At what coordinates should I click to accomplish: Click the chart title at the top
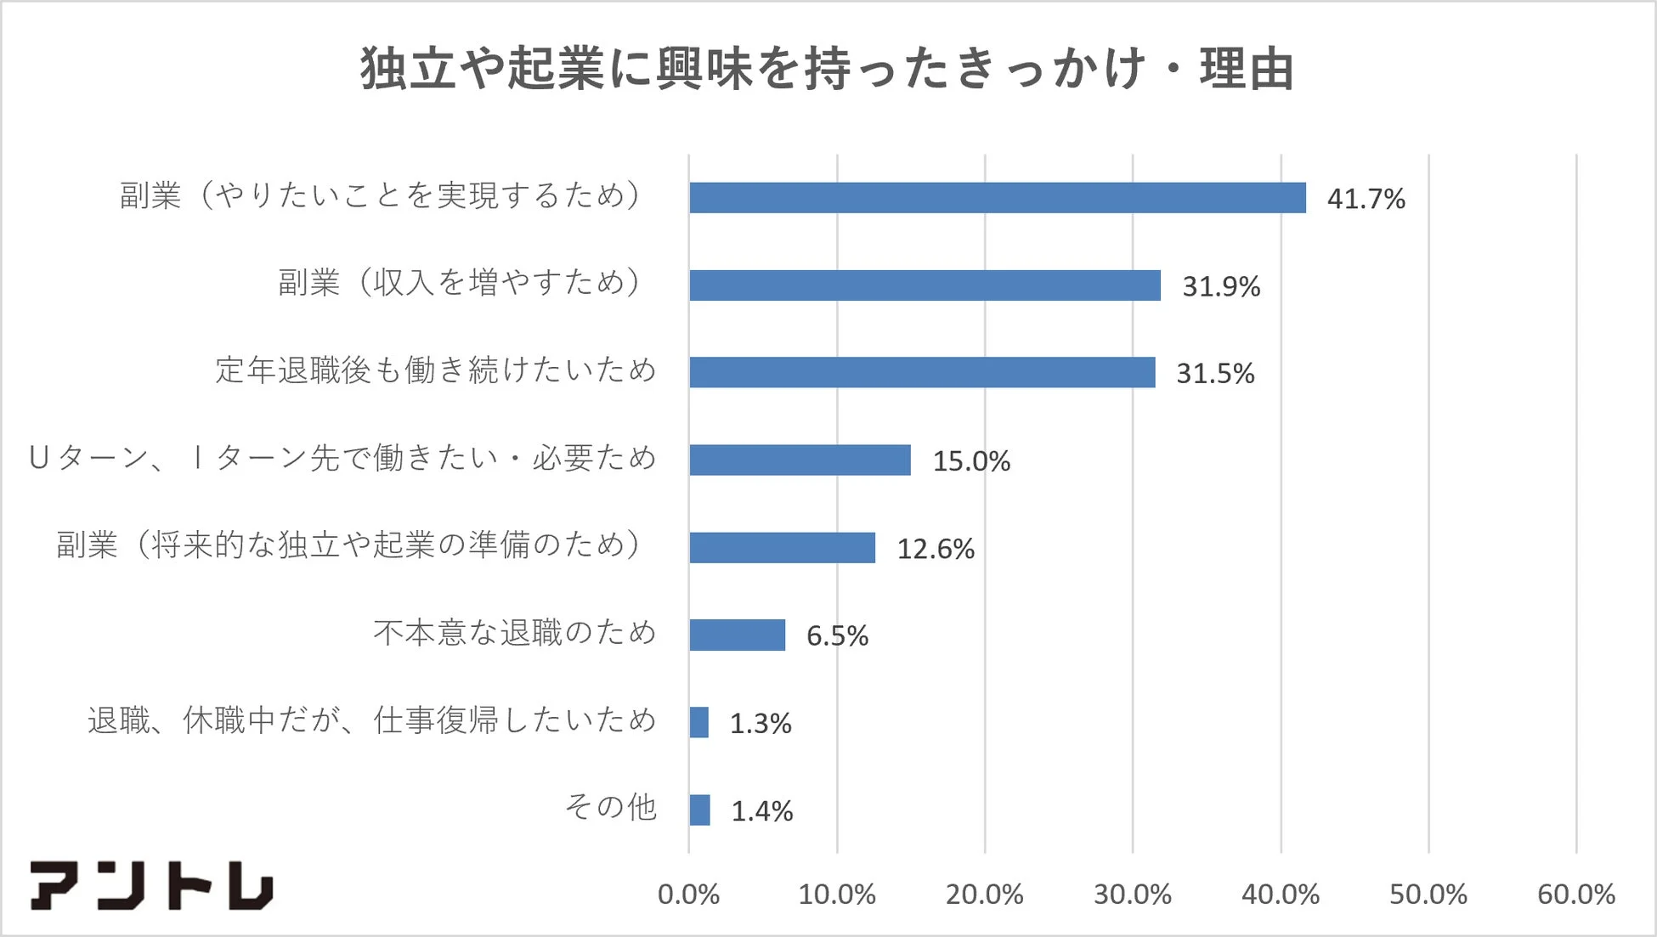pos(827,68)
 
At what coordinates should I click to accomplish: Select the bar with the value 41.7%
pos(997,198)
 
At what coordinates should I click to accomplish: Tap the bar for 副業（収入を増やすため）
pos(925,285)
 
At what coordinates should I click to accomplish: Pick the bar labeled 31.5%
pos(922,372)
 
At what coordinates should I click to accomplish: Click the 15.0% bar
pos(800,460)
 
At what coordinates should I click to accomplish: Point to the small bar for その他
pos(699,810)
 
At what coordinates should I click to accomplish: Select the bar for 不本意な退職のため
pos(737,635)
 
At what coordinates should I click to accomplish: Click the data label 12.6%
pos(936,549)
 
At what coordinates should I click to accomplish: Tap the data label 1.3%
pos(761,723)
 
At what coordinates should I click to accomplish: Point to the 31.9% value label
pos(1221,286)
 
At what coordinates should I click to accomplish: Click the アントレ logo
pos(151,885)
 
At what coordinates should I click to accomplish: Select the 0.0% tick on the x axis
pos(688,895)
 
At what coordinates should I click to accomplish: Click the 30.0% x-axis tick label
pos(1132,895)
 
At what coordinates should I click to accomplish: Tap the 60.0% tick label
pos(1575,895)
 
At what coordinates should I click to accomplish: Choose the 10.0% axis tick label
pos(836,895)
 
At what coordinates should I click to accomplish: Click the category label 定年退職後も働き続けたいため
pos(436,370)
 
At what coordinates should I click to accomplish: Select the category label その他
pos(611,806)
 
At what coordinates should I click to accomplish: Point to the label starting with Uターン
pos(342,458)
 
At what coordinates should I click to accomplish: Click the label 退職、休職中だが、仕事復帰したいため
pos(372,720)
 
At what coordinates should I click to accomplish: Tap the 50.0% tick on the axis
pos(1428,895)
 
